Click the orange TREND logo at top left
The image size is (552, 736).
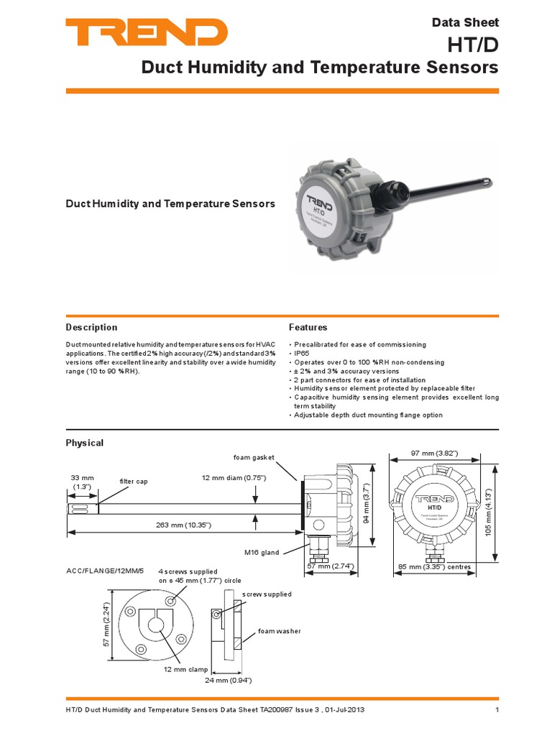[146, 32]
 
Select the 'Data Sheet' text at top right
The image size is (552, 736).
[465, 22]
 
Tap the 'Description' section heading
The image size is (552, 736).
[91, 327]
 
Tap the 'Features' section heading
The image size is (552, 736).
[308, 327]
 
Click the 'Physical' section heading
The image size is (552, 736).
[85, 443]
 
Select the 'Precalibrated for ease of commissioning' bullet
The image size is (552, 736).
[359, 345]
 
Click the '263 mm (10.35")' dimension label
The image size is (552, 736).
[183, 525]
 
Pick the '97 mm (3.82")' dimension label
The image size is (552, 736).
[434, 454]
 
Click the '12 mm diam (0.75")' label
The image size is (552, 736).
[234, 478]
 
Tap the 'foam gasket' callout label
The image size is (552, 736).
[254, 457]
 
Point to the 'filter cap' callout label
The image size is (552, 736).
[132, 481]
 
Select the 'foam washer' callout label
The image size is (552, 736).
[280, 631]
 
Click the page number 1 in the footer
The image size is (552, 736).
[497, 711]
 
